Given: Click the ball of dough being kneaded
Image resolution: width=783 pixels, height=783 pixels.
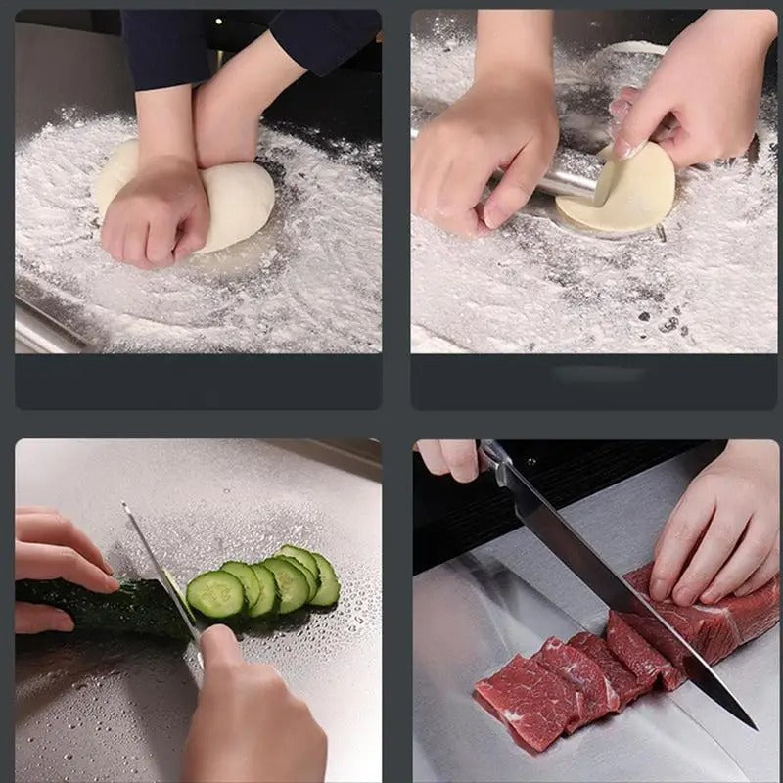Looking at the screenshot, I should (240, 196).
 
